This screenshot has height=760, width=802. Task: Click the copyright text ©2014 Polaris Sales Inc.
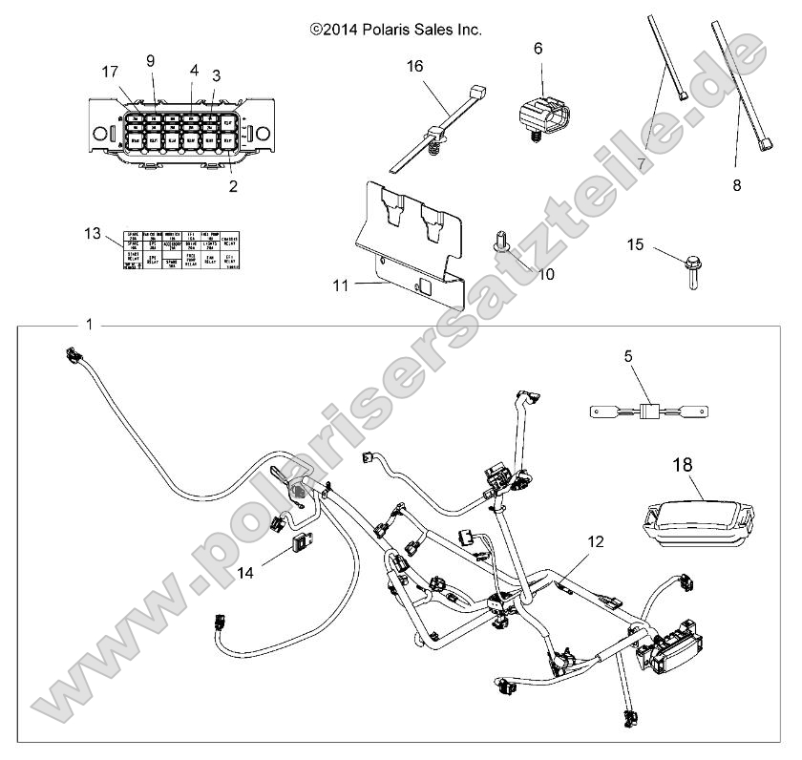click(x=395, y=30)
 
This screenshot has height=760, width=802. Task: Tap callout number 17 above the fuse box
click(x=112, y=71)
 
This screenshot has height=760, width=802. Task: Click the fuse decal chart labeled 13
click(x=180, y=252)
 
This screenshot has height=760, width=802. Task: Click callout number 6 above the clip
click(x=538, y=48)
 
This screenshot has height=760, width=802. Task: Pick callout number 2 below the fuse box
click(x=233, y=186)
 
